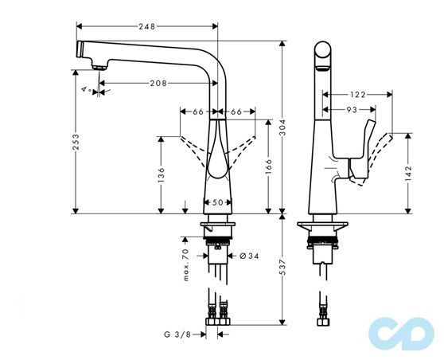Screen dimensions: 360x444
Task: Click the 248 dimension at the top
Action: point(146,26)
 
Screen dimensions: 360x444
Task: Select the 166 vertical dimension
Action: point(271,168)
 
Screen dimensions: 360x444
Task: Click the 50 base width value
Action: point(216,202)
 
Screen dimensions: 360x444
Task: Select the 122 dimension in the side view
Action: point(357,95)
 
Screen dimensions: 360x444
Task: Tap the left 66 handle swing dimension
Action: point(198,112)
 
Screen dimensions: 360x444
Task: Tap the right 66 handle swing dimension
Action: point(236,112)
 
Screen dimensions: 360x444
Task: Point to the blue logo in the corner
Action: point(406,330)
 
